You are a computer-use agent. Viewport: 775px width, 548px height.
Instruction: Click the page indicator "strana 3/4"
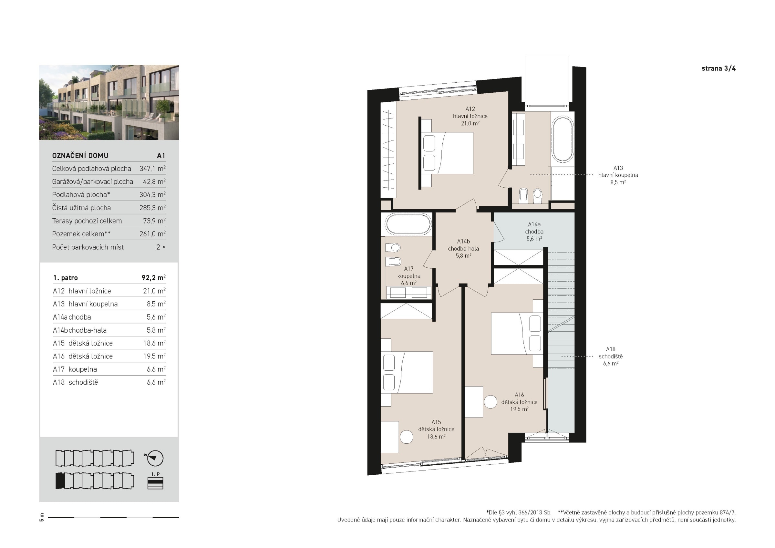718,68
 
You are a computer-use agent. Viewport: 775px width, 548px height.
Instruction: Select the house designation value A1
161,156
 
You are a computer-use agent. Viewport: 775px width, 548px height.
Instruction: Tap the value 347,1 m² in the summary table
152,169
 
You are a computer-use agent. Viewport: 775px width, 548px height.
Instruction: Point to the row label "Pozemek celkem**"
81,234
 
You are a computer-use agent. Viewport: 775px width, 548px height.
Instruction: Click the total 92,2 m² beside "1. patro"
154,277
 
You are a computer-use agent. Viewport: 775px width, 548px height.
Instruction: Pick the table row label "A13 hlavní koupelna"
85,304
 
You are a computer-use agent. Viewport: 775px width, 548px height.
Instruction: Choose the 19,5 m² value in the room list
154,356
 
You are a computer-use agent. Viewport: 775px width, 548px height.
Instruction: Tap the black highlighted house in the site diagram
60,481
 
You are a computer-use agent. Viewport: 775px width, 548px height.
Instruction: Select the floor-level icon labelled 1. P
155,481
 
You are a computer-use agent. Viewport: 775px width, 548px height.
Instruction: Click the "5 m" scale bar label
42,517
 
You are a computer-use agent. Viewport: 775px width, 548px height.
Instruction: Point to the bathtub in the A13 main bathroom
563,139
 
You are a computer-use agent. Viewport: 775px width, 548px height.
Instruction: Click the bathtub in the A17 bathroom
408,224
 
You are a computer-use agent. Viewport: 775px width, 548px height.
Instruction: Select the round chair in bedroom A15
407,437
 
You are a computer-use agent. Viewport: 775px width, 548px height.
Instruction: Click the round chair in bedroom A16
491,402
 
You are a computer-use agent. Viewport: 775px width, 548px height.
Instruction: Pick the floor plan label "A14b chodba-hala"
463,249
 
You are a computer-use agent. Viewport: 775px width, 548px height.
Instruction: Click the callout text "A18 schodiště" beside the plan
611,353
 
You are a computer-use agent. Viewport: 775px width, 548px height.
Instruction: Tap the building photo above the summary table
109,102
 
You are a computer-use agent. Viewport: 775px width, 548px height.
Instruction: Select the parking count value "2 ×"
161,247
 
